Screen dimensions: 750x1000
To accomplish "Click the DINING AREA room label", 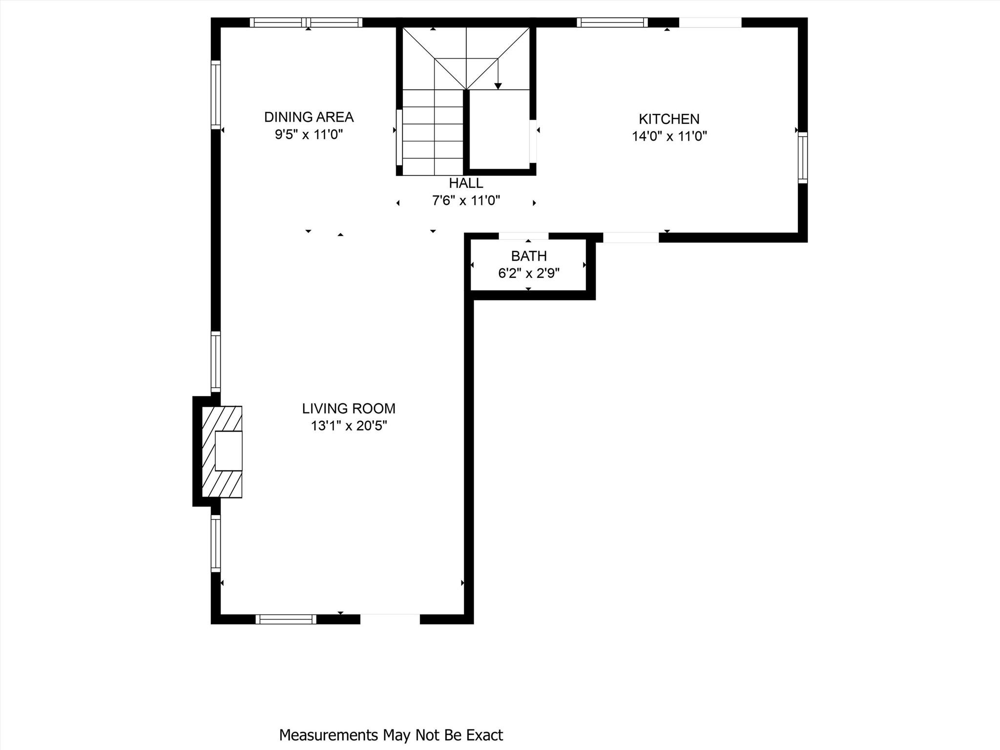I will click(x=309, y=117).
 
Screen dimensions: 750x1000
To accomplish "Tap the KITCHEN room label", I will click(x=669, y=119).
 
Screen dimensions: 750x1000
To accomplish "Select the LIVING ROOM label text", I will click(x=348, y=409).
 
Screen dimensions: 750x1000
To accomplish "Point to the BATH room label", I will click(x=528, y=256).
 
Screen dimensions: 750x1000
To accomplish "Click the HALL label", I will click(x=466, y=183).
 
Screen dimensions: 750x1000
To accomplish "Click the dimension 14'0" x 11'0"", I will click(x=669, y=136).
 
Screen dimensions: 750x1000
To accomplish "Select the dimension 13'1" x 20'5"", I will click(x=349, y=426).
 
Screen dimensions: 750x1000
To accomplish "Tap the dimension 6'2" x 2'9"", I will click(x=528, y=273).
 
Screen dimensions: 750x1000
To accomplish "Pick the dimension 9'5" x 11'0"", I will click(x=309, y=135).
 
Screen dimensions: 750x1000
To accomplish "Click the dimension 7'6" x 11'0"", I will click(x=466, y=201).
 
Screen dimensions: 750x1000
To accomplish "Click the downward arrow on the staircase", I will click(x=498, y=85).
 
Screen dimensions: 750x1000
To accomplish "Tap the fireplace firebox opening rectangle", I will click(x=229, y=451).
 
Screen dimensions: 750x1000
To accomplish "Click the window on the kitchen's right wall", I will click(x=802, y=158).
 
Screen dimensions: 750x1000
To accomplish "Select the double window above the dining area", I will click(x=306, y=22).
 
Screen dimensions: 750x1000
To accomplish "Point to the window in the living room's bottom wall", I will click(x=286, y=619).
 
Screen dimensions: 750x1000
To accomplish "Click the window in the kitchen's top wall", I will click(x=612, y=22).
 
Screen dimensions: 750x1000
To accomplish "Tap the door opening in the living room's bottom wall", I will click(x=390, y=619).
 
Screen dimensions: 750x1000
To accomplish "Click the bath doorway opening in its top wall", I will click(x=523, y=236).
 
